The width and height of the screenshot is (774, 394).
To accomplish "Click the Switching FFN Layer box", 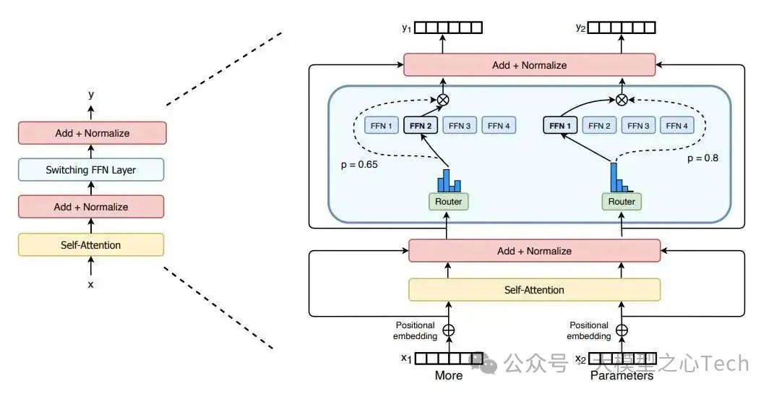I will pyautogui.click(x=91, y=170).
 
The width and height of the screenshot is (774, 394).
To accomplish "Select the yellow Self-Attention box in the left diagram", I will pyautogui.click(x=91, y=245).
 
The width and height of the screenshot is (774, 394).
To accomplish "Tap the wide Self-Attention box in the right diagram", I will pyautogui.click(x=534, y=290).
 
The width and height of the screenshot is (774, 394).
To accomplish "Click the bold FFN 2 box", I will pyautogui.click(x=420, y=126).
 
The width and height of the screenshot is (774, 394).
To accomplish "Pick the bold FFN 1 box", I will pyautogui.click(x=560, y=126).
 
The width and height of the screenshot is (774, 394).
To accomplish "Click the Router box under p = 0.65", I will pyautogui.click(x=447, y=201).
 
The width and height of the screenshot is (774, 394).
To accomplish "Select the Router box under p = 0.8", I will pyautogui.click(x=622, y=201).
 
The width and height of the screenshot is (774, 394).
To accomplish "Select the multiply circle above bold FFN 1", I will pyautogui.click(x=622, y=100).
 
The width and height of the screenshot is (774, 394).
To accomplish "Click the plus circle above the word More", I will pyautogui.click(x=448, y=330).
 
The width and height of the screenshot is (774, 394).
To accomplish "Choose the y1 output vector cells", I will pyautogui.click(x=448, y=28).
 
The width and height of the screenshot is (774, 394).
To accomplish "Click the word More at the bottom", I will pyautogui.click(x=448, y=376).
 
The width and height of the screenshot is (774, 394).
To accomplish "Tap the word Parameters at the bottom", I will pyautogui.click(x=622, y=376).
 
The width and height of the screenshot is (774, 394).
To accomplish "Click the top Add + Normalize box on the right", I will pyautogui.click(x=529, y=65).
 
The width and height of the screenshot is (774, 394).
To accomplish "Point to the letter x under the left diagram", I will pyautogui.click(x=91, y=284).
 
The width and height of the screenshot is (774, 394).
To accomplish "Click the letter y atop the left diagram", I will pyautogui.click(x=91, y=95).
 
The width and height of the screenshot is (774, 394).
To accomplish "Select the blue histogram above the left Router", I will pyautogui.click(x=447, y=179).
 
